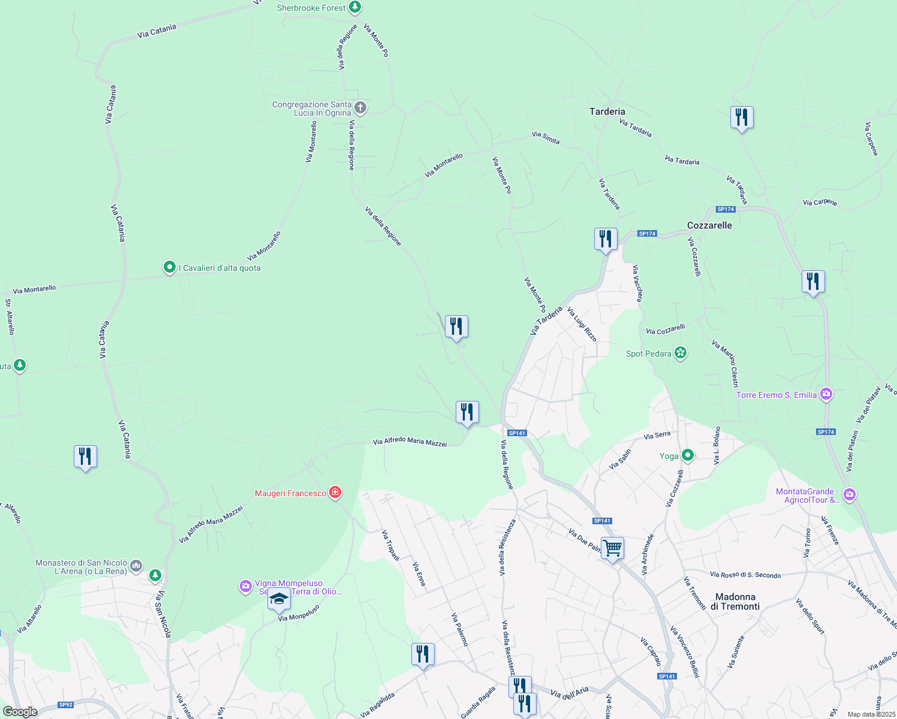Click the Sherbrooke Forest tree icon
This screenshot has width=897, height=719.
pyautogui.click(x=356, y=7)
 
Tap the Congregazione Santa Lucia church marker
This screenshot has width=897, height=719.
pyautogui.click(x=360, y=108)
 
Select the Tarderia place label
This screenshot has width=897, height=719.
pyautogui.click(x=607, y=111)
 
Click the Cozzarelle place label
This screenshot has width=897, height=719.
pyautogui.click(x=709, y=225)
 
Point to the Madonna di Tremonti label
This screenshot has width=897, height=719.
pyautogui.click(x=735, y=602)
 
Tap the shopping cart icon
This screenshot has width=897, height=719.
pyautogui.click(x=613, y=548)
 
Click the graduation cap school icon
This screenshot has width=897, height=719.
pyautogui.click(x=279, y=599)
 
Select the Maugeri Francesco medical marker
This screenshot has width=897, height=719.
pyautogui.click(x=335, y=493)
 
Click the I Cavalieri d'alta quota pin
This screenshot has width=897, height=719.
pyautogui.click(x=170, y=267)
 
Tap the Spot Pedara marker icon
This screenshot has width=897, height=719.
pyautogui.click(x=680, y=353)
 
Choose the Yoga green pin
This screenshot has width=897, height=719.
pyautogui.click(x=688, y=456)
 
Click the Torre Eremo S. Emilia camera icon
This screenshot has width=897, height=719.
pyautogui.click(x=826, y=394)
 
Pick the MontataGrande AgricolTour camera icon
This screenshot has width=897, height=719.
pyautogui.click(x=849, y=495)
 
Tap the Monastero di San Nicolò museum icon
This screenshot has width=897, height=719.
pyautogui.click(x=136, y=565)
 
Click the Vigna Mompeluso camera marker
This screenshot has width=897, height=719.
pyautogui.click(x=245, y=586)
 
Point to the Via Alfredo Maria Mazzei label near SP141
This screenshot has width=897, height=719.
pyautogui.click(x=410, y=442)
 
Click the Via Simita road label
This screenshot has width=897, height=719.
pyautogui.click(x=546, y=138)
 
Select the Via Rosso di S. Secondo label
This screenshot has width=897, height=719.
pyautogui.click(x=745, y=575)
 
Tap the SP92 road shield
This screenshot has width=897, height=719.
pyautogui.click(x=65, y=705)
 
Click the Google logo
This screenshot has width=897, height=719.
pyautogui.click(x=20, y=712)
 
